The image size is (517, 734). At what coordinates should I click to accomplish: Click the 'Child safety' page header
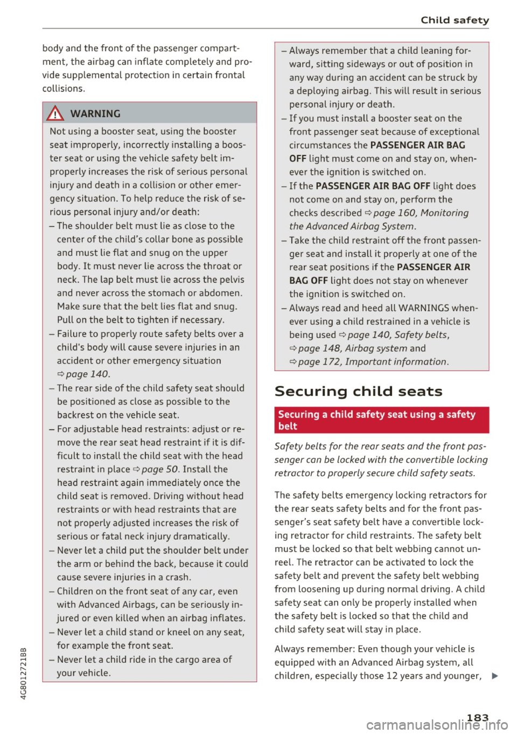[455, 20]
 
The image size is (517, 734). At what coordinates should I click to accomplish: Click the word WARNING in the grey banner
[95, 114]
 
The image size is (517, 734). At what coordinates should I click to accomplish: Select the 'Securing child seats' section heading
[358, 392]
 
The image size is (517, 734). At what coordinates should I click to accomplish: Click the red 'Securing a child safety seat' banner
[381, 420]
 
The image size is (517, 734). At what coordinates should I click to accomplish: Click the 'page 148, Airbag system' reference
[352, 348]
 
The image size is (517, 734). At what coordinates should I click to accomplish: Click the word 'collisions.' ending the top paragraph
[64, 88]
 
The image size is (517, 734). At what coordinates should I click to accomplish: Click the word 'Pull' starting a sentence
[65, 320]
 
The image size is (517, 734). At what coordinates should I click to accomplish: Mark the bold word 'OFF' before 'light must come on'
[297, 159]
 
